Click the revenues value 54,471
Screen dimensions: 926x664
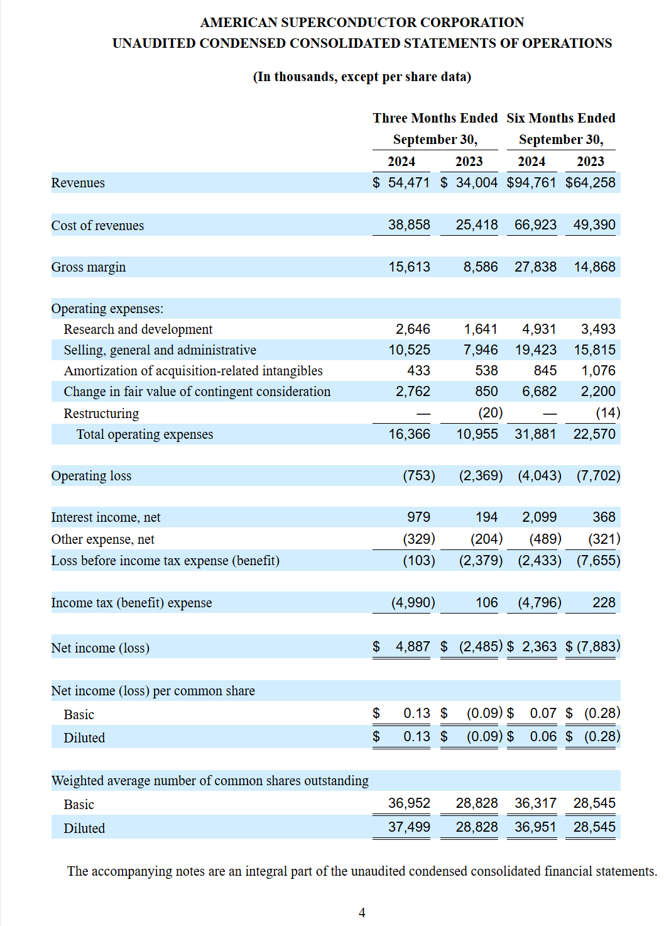click(x=409, y=183)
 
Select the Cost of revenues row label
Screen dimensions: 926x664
click(x=97, y=226)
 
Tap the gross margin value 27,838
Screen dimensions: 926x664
click(x=535, y=267)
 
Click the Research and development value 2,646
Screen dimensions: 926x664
click(x=413, y=329)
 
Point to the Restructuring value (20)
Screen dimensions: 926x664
click(x=490, y=413)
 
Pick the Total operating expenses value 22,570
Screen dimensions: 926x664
click(x=594, y=434)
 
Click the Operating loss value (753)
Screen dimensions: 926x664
click(x=418, y=476)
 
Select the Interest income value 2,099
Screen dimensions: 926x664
click(x=539, y=517)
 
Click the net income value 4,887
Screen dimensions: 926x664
click(x=413, y=647)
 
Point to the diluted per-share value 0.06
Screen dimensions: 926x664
click(x=543, y=737)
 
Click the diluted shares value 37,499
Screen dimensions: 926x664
click(x=409, y=827)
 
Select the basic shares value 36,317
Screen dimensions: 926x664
click(x=535, y=803)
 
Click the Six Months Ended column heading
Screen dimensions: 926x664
click(x=561, y=118)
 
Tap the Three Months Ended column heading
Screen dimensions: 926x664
click(x=435, y=118)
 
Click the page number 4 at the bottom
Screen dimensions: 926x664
click(x=362, y=913)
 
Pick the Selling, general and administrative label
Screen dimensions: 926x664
click(x=160, y=350)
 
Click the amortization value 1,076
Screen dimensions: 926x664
click(x=598, y=371)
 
